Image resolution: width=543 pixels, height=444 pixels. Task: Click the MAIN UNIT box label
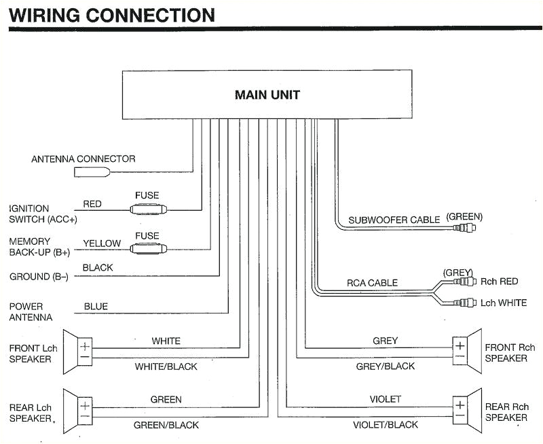[x=267, y=95]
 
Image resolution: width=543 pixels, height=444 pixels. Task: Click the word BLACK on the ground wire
[x=98, y=268]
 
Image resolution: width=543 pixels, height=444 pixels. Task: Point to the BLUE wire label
[x=96, y=307]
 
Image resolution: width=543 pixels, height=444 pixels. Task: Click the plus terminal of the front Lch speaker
[x=85, y=346]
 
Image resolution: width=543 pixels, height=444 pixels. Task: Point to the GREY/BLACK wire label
[x=386, y=366]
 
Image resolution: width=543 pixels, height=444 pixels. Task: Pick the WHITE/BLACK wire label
[x=166, y=366]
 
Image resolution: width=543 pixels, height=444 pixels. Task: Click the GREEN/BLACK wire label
[x=166, y=425]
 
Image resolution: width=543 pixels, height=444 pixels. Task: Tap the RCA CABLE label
[x=372, y=283]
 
